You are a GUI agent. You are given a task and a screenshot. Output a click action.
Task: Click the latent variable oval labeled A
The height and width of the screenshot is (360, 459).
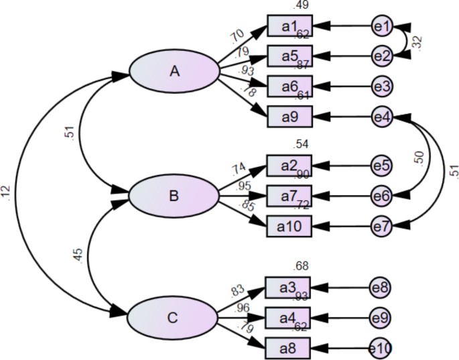pyautogui.click(x=175, y=70)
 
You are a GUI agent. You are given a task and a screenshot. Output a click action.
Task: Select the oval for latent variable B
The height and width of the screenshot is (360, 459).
pyautogui.click(x=174, y=196)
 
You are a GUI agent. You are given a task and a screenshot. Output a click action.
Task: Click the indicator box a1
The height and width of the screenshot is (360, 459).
pyautogui.click(x=289, y=26)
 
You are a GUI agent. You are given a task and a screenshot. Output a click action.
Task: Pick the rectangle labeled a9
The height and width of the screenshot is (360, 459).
pyautogui.click(x=289, y=117)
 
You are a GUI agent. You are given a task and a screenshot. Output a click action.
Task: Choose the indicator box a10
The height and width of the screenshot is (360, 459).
pyautogui.click(x=289, y=227)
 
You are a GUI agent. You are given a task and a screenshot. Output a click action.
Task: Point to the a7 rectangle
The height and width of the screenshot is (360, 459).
pyautogui.click(x=289, y=196)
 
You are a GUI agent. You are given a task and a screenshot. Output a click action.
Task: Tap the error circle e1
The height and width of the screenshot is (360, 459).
pyautogui.click(x=382, y=26)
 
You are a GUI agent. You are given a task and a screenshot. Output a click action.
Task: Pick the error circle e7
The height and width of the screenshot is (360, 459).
pyautogui.click(x=382, y=227)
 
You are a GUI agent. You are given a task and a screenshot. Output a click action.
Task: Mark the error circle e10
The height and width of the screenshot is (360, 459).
pyautogui.click(x=381, y=348)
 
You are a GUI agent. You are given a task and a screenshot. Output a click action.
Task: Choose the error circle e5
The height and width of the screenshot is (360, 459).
pyautogui.click(x=382, y=165)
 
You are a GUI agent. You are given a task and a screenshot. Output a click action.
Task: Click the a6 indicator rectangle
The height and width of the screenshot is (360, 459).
pyautogui.click(x=289, y=86)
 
